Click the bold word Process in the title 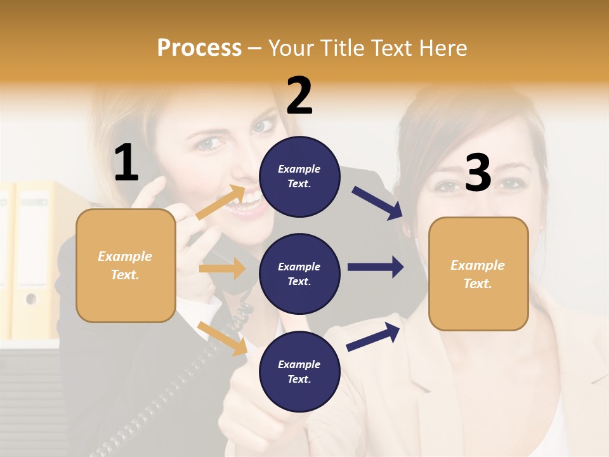point(199,48)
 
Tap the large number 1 point(126,162)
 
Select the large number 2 point(299,95)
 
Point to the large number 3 point(478,173)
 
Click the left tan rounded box point(126,265)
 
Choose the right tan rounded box point(478,274)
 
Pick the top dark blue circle point(299,176)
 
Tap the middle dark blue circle point(299,274)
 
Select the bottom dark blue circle point(299,371)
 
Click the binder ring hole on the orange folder point(30,298)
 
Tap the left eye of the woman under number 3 point(448,185)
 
